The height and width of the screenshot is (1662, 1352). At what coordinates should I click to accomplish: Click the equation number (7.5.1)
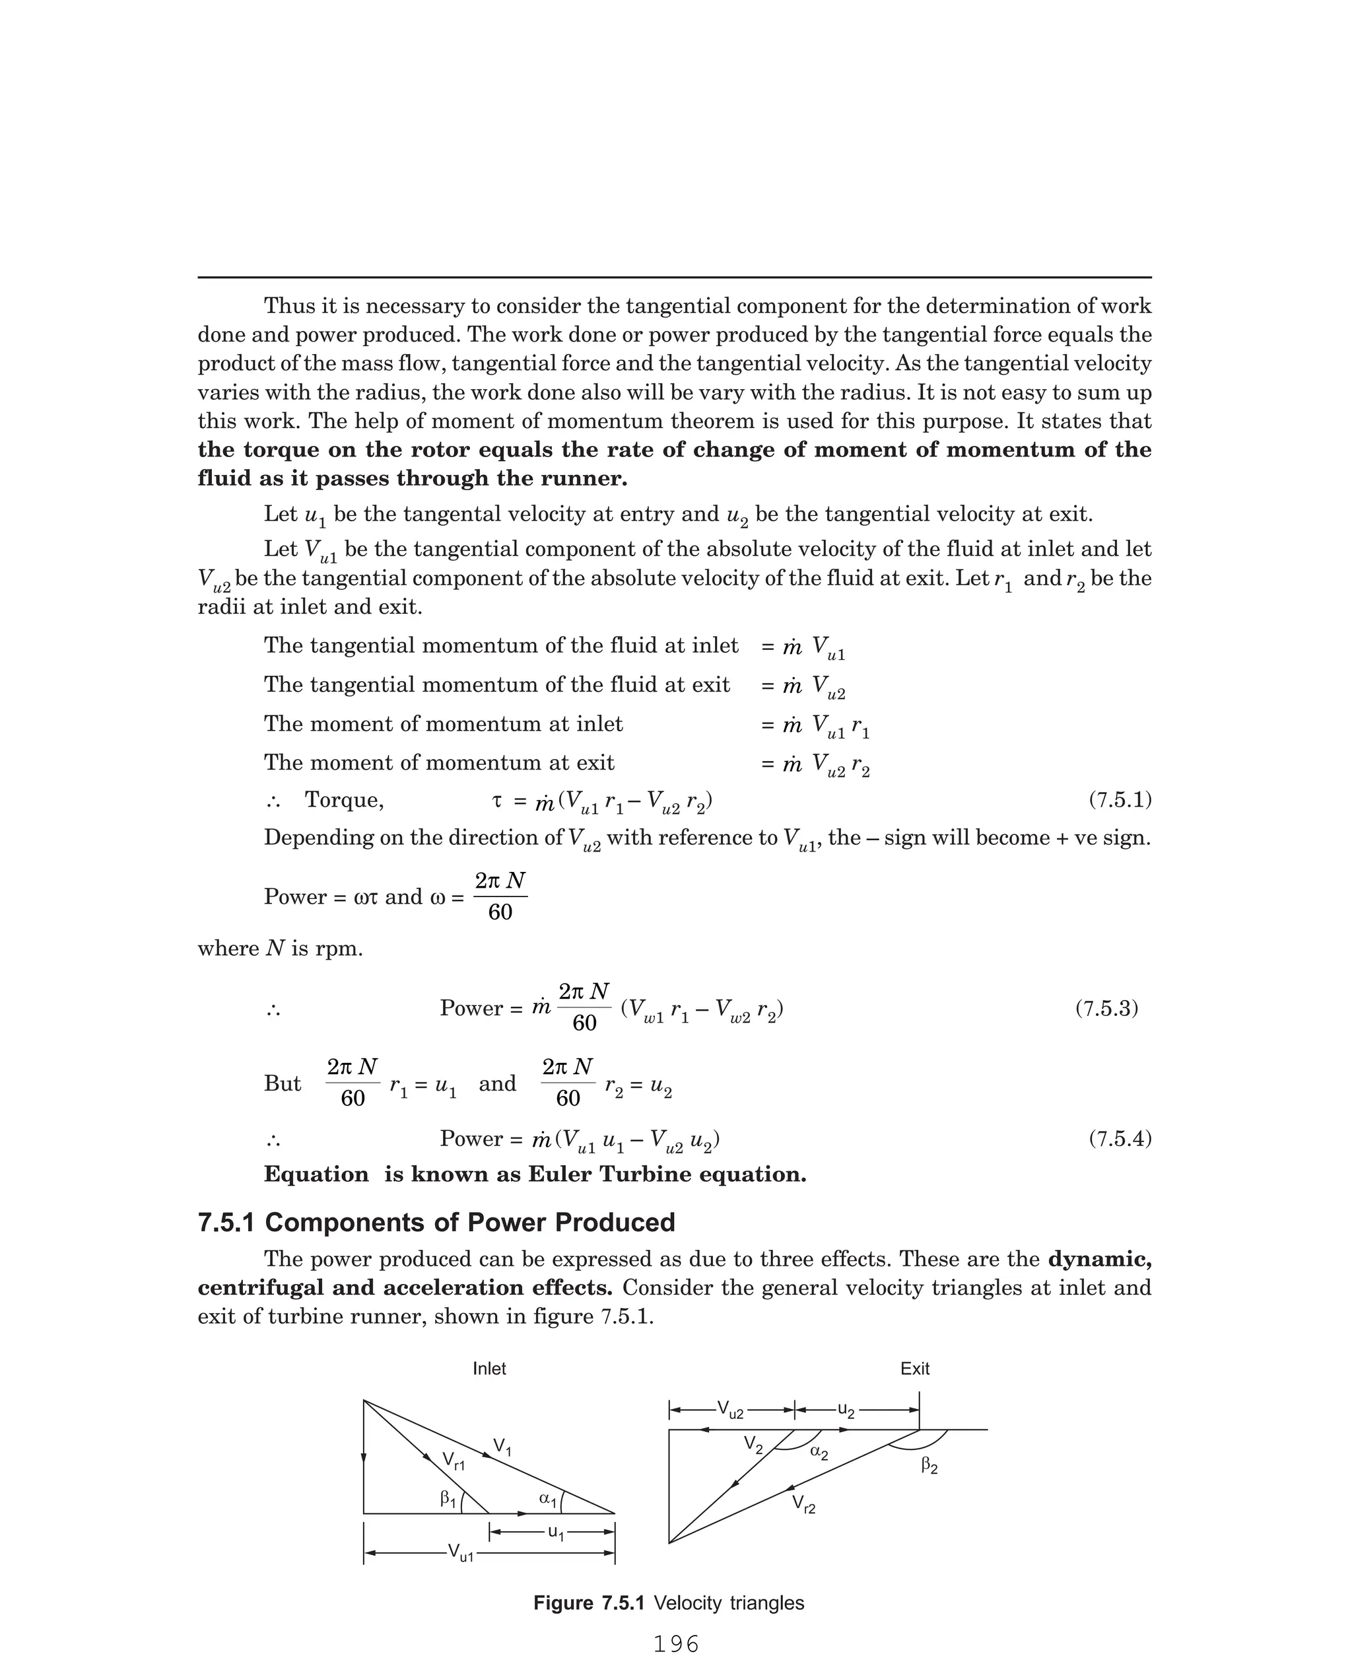coord(1120,800)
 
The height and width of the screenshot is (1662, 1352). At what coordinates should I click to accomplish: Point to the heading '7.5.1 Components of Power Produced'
coord(436,1222)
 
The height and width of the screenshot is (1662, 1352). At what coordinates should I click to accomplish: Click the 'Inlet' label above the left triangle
coord(489,1368)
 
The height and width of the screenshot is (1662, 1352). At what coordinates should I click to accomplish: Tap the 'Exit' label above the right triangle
coord(914,1368)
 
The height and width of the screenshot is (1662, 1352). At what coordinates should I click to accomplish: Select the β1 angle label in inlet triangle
coord(448,1498)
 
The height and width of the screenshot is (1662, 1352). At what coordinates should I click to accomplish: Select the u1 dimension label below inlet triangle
coord(555,1532)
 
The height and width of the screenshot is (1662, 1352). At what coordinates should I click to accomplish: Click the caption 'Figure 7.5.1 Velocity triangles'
coord(668,1603)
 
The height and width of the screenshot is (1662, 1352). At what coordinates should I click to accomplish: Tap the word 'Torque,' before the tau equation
coord(343,800)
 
